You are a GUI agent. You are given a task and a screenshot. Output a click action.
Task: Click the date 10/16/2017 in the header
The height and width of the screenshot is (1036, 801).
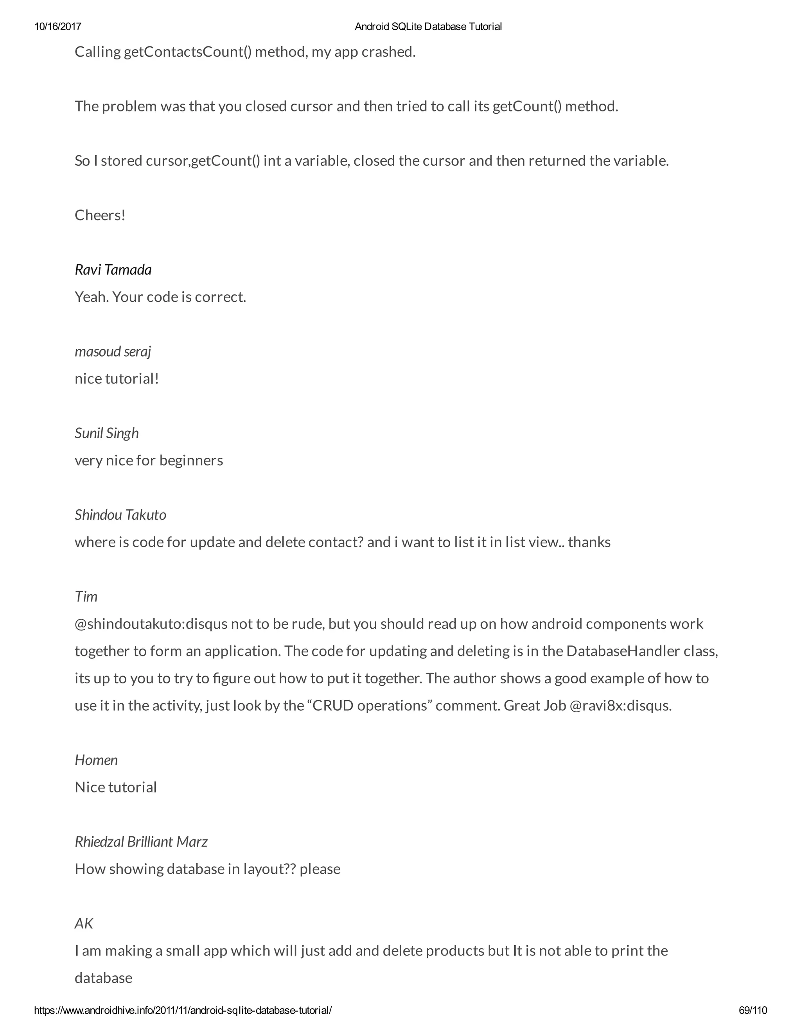[x=57, y=27]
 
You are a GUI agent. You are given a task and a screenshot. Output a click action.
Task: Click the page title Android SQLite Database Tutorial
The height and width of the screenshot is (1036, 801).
[x=428, y=27]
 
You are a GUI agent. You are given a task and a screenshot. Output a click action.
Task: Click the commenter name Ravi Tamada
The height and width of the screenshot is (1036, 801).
[x=113, y=270]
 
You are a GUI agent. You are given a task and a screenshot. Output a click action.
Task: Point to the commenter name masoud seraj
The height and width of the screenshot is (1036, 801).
[x=113, y=351]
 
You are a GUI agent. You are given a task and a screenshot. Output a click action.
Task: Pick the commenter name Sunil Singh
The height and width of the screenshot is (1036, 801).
[x=107, y=433]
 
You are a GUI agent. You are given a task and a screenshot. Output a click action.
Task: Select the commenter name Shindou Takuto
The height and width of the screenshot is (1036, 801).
[x=120, y=515]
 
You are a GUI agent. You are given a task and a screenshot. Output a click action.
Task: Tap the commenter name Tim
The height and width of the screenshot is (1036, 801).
[x=86, y=596]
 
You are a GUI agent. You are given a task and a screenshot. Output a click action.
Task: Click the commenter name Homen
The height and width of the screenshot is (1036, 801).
[x=96, y=760]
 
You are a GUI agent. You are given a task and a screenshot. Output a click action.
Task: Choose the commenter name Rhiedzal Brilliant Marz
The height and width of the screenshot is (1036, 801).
[x=141, y=842]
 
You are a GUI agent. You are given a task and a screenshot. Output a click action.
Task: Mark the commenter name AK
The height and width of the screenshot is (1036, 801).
[x=84, y=923]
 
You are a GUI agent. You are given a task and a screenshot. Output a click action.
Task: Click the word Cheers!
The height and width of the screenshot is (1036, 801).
[x=100, y=215]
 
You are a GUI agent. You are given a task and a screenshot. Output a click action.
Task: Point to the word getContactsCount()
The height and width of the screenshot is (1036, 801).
[x=187, y=52]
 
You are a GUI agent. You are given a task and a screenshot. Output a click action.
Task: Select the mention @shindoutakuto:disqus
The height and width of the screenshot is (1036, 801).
[x=151, y=624]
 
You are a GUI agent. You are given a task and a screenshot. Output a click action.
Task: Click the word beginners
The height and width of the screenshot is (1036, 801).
[x=191, y=461]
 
